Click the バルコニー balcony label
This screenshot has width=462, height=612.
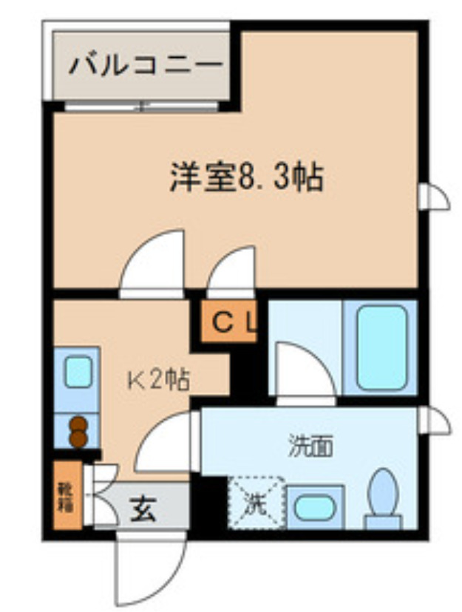tap(146, 66)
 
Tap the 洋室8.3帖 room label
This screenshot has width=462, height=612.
tap(247, 178)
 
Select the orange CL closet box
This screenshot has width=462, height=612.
tap(229, 322)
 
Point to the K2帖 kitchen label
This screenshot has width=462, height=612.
tap(160, 380)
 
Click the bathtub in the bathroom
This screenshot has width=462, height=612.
tap(381, 347)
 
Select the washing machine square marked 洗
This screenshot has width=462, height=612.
tap(256, 504)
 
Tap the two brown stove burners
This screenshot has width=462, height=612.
tap(78, 432)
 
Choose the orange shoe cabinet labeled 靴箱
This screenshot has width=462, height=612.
tap(67, 496)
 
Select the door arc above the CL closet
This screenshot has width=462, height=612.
tap(232, 273)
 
